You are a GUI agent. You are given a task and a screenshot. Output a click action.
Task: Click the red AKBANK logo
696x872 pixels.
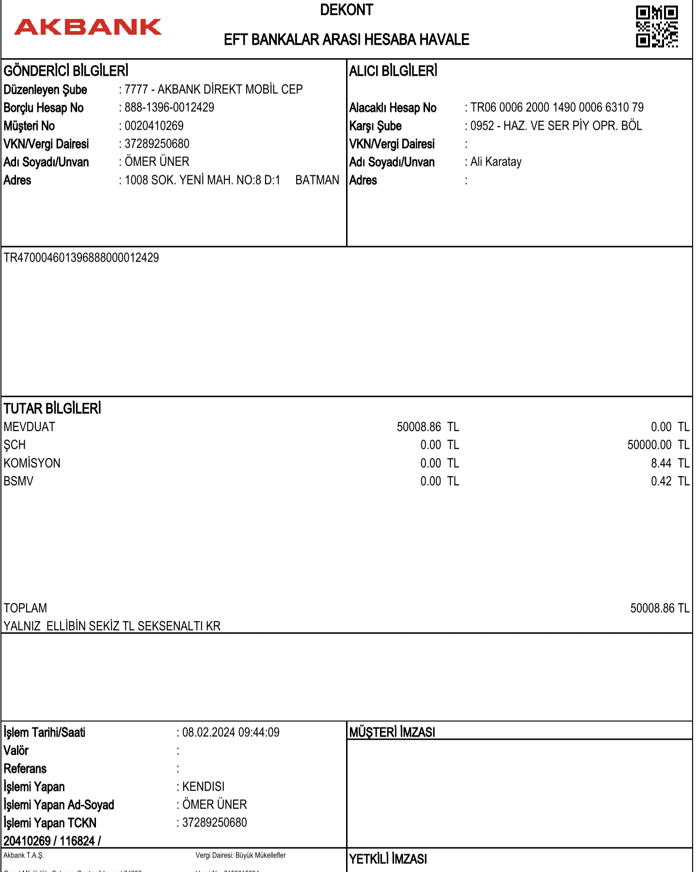coord(88,27)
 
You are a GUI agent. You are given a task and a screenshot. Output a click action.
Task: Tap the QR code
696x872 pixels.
coord(657,27)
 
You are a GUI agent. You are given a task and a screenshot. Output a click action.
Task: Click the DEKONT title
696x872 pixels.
coord(347,10)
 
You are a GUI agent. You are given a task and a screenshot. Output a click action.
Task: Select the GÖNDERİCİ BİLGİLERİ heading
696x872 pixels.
coord(66,71)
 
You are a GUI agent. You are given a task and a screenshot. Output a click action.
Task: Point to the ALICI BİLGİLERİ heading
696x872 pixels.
coord(393,71)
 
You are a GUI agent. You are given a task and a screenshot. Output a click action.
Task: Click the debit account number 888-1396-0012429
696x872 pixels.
coord(169,108)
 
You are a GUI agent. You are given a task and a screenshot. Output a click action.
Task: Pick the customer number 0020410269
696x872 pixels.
coord(154,126)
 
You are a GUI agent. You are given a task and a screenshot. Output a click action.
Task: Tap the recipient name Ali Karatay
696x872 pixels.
coord(496,162)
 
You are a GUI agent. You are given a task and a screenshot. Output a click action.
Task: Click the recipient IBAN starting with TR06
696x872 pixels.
coord(557,108)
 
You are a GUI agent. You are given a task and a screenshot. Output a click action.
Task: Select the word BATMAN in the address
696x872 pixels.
coord(317,180)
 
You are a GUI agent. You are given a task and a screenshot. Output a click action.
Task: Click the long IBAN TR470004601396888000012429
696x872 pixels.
coord(81,258)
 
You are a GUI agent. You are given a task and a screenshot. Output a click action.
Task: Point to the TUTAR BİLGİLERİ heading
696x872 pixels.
coord(52,409)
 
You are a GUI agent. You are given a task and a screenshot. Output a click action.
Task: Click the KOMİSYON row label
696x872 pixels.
coord(32,463)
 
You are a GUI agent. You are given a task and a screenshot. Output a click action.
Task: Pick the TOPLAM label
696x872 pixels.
coord(25,608)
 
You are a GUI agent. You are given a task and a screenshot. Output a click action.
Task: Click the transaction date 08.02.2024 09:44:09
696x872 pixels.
coord(231,732)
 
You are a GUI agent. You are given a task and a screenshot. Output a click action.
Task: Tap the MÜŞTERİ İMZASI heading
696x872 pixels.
coord(392,732)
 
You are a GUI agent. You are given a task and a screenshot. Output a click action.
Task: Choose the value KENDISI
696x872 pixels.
coord(203,787)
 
